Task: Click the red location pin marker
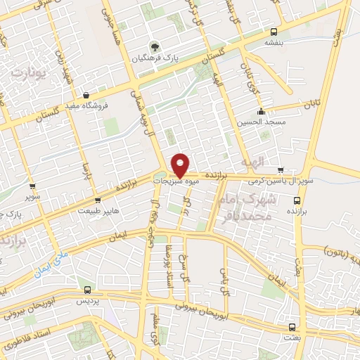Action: (180, 164)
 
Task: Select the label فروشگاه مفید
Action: (86, 106)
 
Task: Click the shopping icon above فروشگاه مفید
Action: (86, 96)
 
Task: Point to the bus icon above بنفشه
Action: (274, 31)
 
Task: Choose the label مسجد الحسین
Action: (262, 121)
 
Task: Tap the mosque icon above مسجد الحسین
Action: (261, 110)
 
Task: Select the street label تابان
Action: (311, 105)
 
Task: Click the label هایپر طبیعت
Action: (97, 210)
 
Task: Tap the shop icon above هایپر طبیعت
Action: (97, 200)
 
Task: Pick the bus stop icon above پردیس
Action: (88, 289)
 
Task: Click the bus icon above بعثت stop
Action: (292, 327)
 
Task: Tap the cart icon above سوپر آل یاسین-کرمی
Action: (281, 169)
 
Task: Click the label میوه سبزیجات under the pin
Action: (182, 181)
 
